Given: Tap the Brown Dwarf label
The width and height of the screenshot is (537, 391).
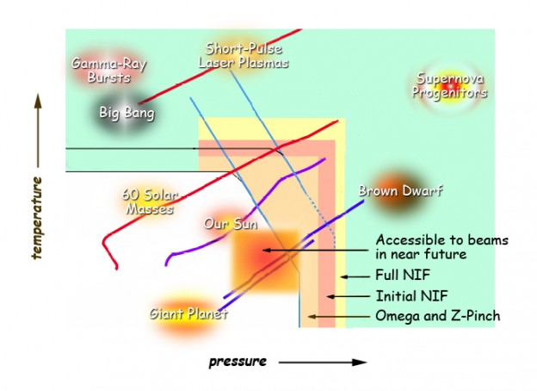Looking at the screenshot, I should [400, 190].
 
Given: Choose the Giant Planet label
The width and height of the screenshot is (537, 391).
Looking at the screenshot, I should [188, 314].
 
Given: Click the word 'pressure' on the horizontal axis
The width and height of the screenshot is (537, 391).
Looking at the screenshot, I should [238, 361].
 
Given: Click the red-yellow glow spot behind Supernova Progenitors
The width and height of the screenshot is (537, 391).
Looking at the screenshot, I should [447, 86].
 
